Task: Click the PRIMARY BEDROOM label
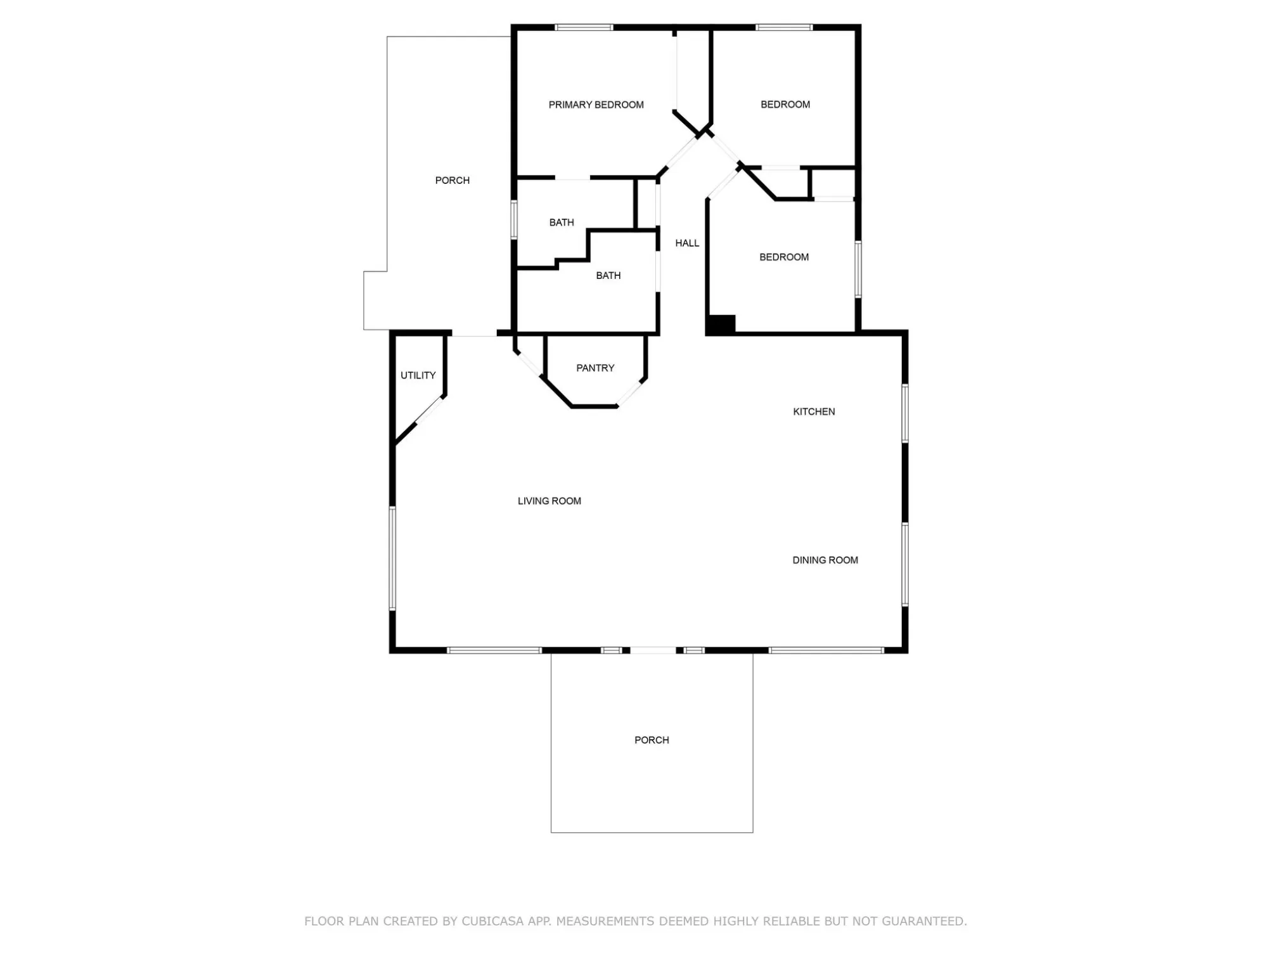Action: (596, 105)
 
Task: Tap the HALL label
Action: (687, 243)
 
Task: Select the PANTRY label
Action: (595, 368)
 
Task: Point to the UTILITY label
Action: (418, 375)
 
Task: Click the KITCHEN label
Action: (814, 411)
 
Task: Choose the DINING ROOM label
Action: (825, 560)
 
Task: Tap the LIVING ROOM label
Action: (549, 501)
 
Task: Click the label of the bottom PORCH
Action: (652, 740)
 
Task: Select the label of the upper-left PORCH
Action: (452, 180)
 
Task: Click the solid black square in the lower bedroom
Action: (721, 324)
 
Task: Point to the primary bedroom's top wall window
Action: (584, 27)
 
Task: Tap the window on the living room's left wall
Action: (392, 558)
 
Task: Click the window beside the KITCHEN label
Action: (905, 413)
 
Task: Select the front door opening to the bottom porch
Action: (653, 650)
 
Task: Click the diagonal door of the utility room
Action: (430, 411)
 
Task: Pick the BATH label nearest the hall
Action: (608, 275)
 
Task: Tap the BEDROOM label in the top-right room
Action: (785, 104)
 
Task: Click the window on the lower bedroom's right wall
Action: (858, 269)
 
